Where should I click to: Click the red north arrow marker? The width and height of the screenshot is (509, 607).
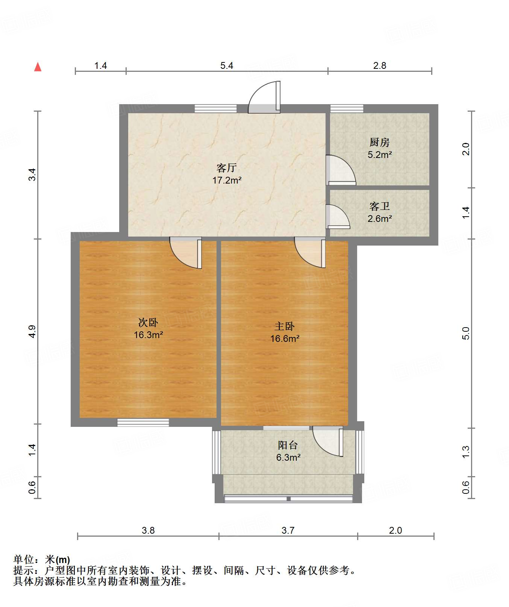click(x=38, y=67)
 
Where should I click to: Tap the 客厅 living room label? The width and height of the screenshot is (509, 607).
click(x=227, y=167)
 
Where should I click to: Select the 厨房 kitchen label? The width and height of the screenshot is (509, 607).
click(x=379, y=142)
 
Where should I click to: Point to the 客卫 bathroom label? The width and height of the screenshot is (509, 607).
click(x=379, y=206)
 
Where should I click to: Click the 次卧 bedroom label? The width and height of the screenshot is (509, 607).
click(x=148, y=322)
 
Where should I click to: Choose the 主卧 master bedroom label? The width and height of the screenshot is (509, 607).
click(x=285, y=326)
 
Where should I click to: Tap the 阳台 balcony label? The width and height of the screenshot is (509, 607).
click(x=288, y=445)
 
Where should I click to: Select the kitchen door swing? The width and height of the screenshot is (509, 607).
click(x=341, y=170)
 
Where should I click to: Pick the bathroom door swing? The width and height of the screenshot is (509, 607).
click(x=338, y=216)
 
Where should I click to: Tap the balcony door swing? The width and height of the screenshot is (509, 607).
click(x=328, y=441)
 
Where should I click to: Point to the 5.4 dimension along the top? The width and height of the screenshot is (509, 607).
click(x=227, y=66)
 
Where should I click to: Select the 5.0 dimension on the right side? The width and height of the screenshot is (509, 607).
click(x=466, y=333)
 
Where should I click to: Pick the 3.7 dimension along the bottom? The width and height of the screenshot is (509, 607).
click(x=288, y=530)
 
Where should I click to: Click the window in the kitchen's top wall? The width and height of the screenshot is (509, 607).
click(x=347, y=109)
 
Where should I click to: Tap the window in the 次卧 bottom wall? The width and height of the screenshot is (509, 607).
click(x=143, y=422)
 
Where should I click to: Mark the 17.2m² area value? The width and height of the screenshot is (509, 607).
click(x=227, y=180)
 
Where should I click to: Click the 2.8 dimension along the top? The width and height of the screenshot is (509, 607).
click(x=380, y=66)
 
